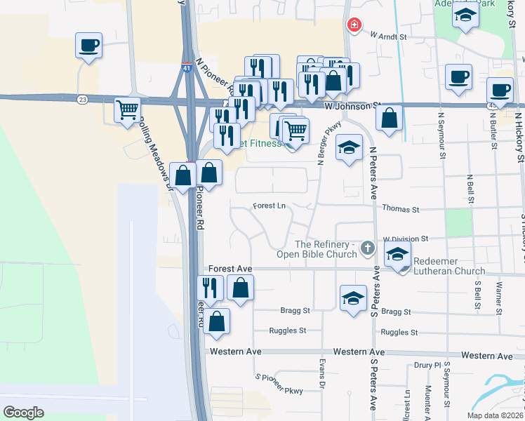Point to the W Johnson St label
click(352, 106)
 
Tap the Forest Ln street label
click(270, 206)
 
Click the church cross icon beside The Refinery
click(366, 248)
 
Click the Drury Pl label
click(427, 365)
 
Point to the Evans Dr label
click(322, 381)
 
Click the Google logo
click(23, 412)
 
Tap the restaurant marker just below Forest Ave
click(210, 287)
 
